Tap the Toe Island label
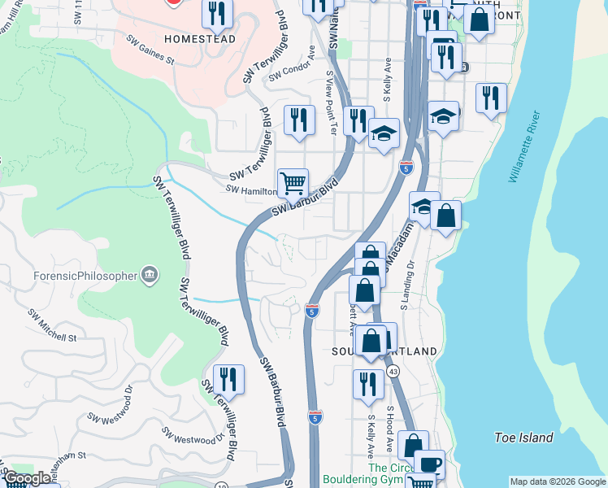523,438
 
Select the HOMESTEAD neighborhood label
200,38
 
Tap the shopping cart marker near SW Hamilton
293,183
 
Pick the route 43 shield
393,371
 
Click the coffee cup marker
429,464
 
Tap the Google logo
28,478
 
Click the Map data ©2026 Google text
558,481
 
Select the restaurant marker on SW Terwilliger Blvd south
228,380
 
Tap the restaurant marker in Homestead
217,13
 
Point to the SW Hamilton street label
252,190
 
